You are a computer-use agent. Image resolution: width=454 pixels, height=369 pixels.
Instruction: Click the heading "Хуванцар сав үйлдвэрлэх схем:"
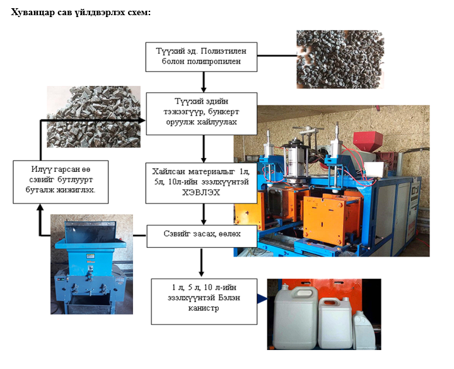click(x=80, y=13)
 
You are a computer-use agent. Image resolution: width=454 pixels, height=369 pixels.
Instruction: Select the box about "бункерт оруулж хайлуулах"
click(x=202, y=112)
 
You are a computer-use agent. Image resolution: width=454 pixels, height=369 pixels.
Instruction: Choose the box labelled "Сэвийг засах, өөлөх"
click(x=202, y=236)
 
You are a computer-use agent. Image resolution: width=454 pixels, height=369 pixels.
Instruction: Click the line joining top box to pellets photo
click(x=277, y=55)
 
